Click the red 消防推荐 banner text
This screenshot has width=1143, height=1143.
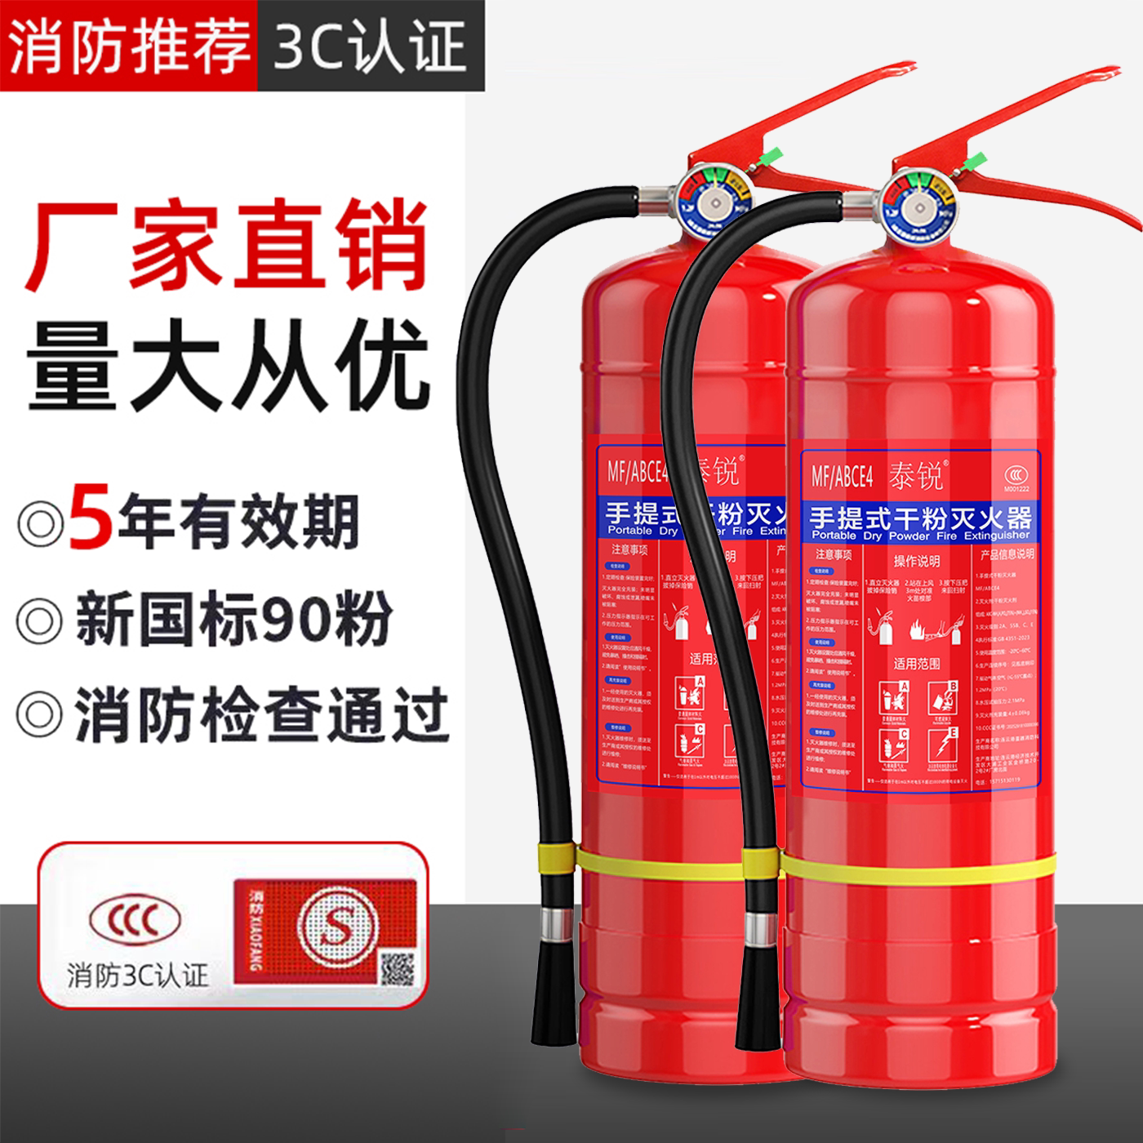128,44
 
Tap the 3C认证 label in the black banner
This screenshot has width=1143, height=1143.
371,44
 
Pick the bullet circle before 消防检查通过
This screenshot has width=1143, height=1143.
38,709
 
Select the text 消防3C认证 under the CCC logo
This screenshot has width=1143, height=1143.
137,975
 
